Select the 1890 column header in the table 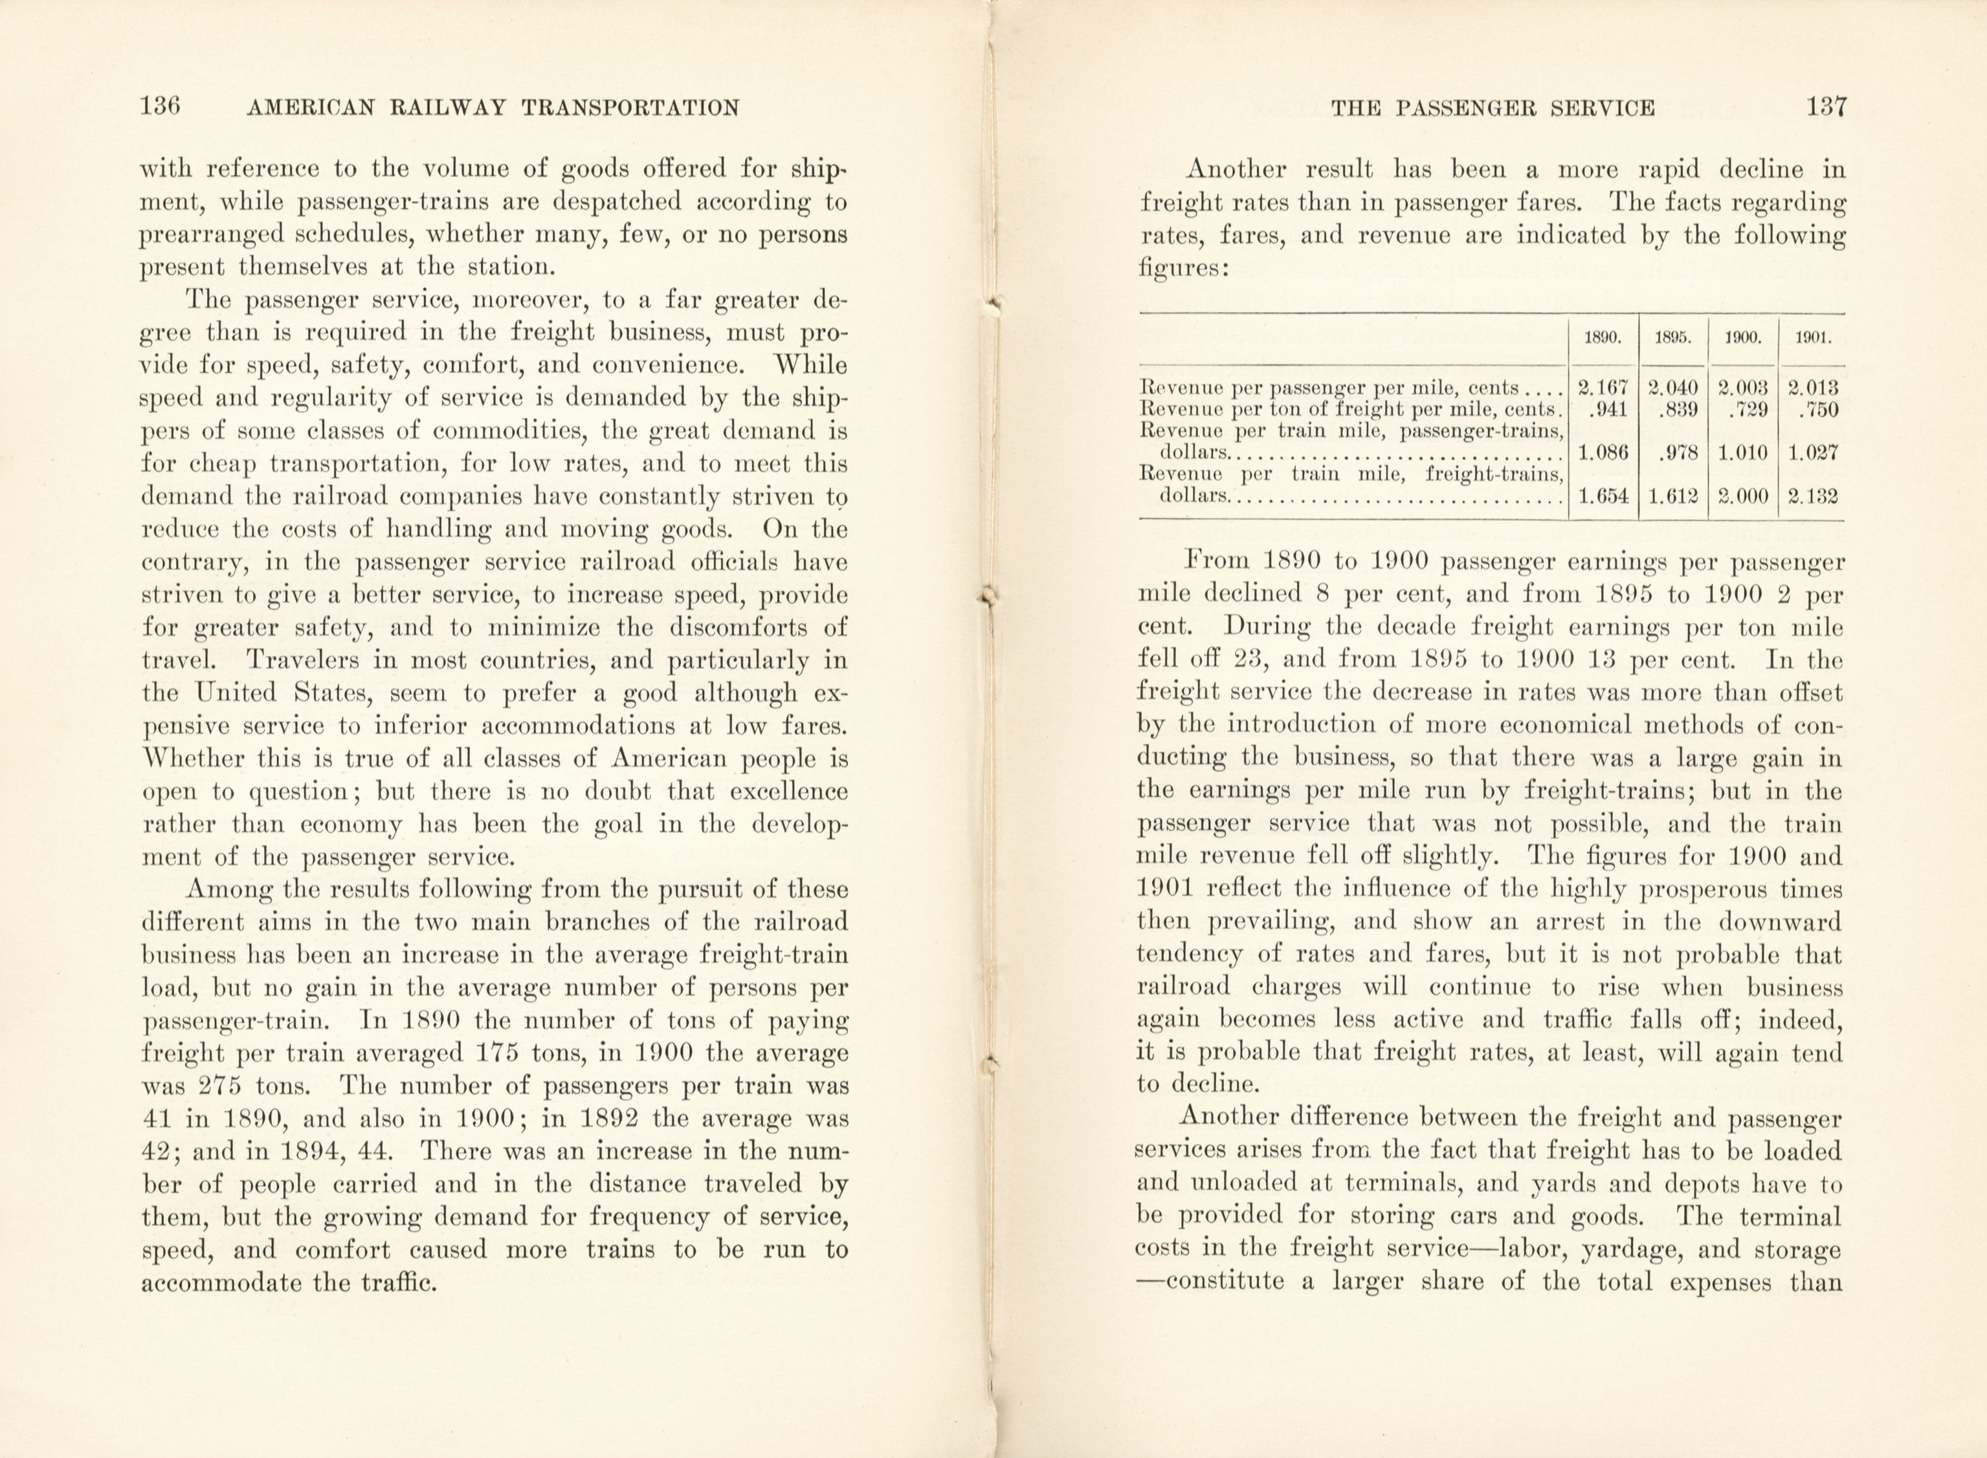pos(1603,338)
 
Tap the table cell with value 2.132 pos(1813,496)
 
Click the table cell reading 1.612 pos(1673,496)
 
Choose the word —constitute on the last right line pos(1210,1283)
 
